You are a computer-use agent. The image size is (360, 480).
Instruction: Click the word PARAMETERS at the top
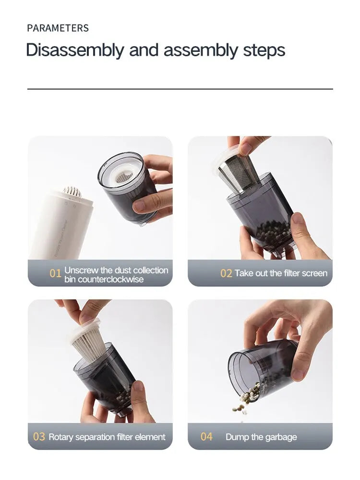58,28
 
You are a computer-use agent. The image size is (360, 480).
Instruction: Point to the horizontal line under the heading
180,89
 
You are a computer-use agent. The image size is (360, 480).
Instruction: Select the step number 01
56,273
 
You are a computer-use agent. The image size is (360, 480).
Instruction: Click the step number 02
226,273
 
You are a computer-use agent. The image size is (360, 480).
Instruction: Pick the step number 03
39,437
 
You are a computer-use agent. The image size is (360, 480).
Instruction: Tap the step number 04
206,437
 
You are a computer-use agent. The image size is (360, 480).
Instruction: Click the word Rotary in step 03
61,437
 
